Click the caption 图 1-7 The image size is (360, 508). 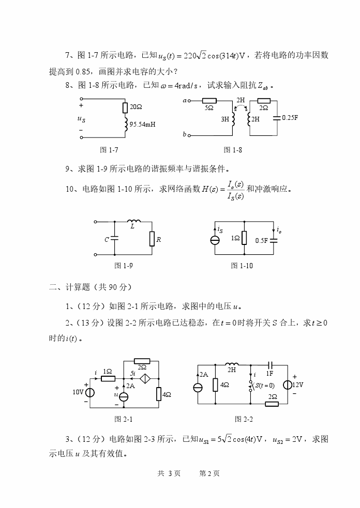click(x=109, y=150)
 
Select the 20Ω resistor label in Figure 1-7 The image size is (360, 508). click(x=136, y=107)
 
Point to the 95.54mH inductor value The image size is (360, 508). click(x=142, y=125)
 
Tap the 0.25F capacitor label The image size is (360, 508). click(x=290, y=117)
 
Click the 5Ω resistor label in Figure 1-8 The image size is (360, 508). click(x=209, y=108)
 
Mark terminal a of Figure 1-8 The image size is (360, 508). click(x=185, y=101)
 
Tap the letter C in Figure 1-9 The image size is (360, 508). click(x=106, y=239)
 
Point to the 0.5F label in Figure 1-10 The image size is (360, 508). click(x=262, y=240)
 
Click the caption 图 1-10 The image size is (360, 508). click(x=242, y=265)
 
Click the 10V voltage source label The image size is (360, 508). click(x=78, y=392)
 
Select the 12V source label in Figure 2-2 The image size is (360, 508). click(x=297, y=384)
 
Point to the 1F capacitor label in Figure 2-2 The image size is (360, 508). click(x=269, y=373)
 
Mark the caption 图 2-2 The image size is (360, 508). click(x=244, y=419)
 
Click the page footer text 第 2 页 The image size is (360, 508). click(x=209, y=473)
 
